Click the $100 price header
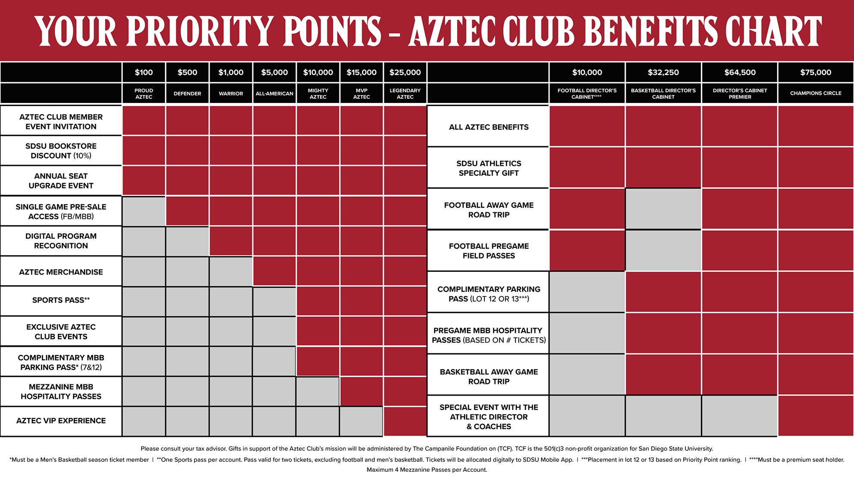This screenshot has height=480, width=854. [144, 72]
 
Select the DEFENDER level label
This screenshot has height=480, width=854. [187, 94]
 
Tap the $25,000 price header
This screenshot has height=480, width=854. [405, 72]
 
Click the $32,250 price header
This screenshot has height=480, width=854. [663, 72]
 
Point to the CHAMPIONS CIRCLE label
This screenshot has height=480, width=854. [816, 93]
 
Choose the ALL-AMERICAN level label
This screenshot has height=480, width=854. [274, 94]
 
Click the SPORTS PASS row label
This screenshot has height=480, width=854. [61, 300]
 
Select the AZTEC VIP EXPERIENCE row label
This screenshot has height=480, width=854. [61, 421]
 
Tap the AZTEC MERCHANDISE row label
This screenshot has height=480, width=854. [61, 272]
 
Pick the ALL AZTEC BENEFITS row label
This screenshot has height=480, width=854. [489, 127]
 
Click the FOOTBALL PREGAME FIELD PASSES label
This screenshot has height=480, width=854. [489, 251]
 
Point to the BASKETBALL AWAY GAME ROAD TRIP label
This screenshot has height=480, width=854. [489, 377]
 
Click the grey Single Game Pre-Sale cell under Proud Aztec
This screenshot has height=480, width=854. [144, 211]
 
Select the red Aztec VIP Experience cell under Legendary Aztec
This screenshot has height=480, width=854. [405, 421]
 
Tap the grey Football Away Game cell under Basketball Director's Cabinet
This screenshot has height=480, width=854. [663, 209]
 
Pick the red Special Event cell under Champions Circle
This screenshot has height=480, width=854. [816, 416]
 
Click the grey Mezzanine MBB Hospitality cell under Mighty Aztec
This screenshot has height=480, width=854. [318, 392]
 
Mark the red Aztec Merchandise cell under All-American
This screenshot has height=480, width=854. [274, 271]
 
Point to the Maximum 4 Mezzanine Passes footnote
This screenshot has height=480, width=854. [427, 470]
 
